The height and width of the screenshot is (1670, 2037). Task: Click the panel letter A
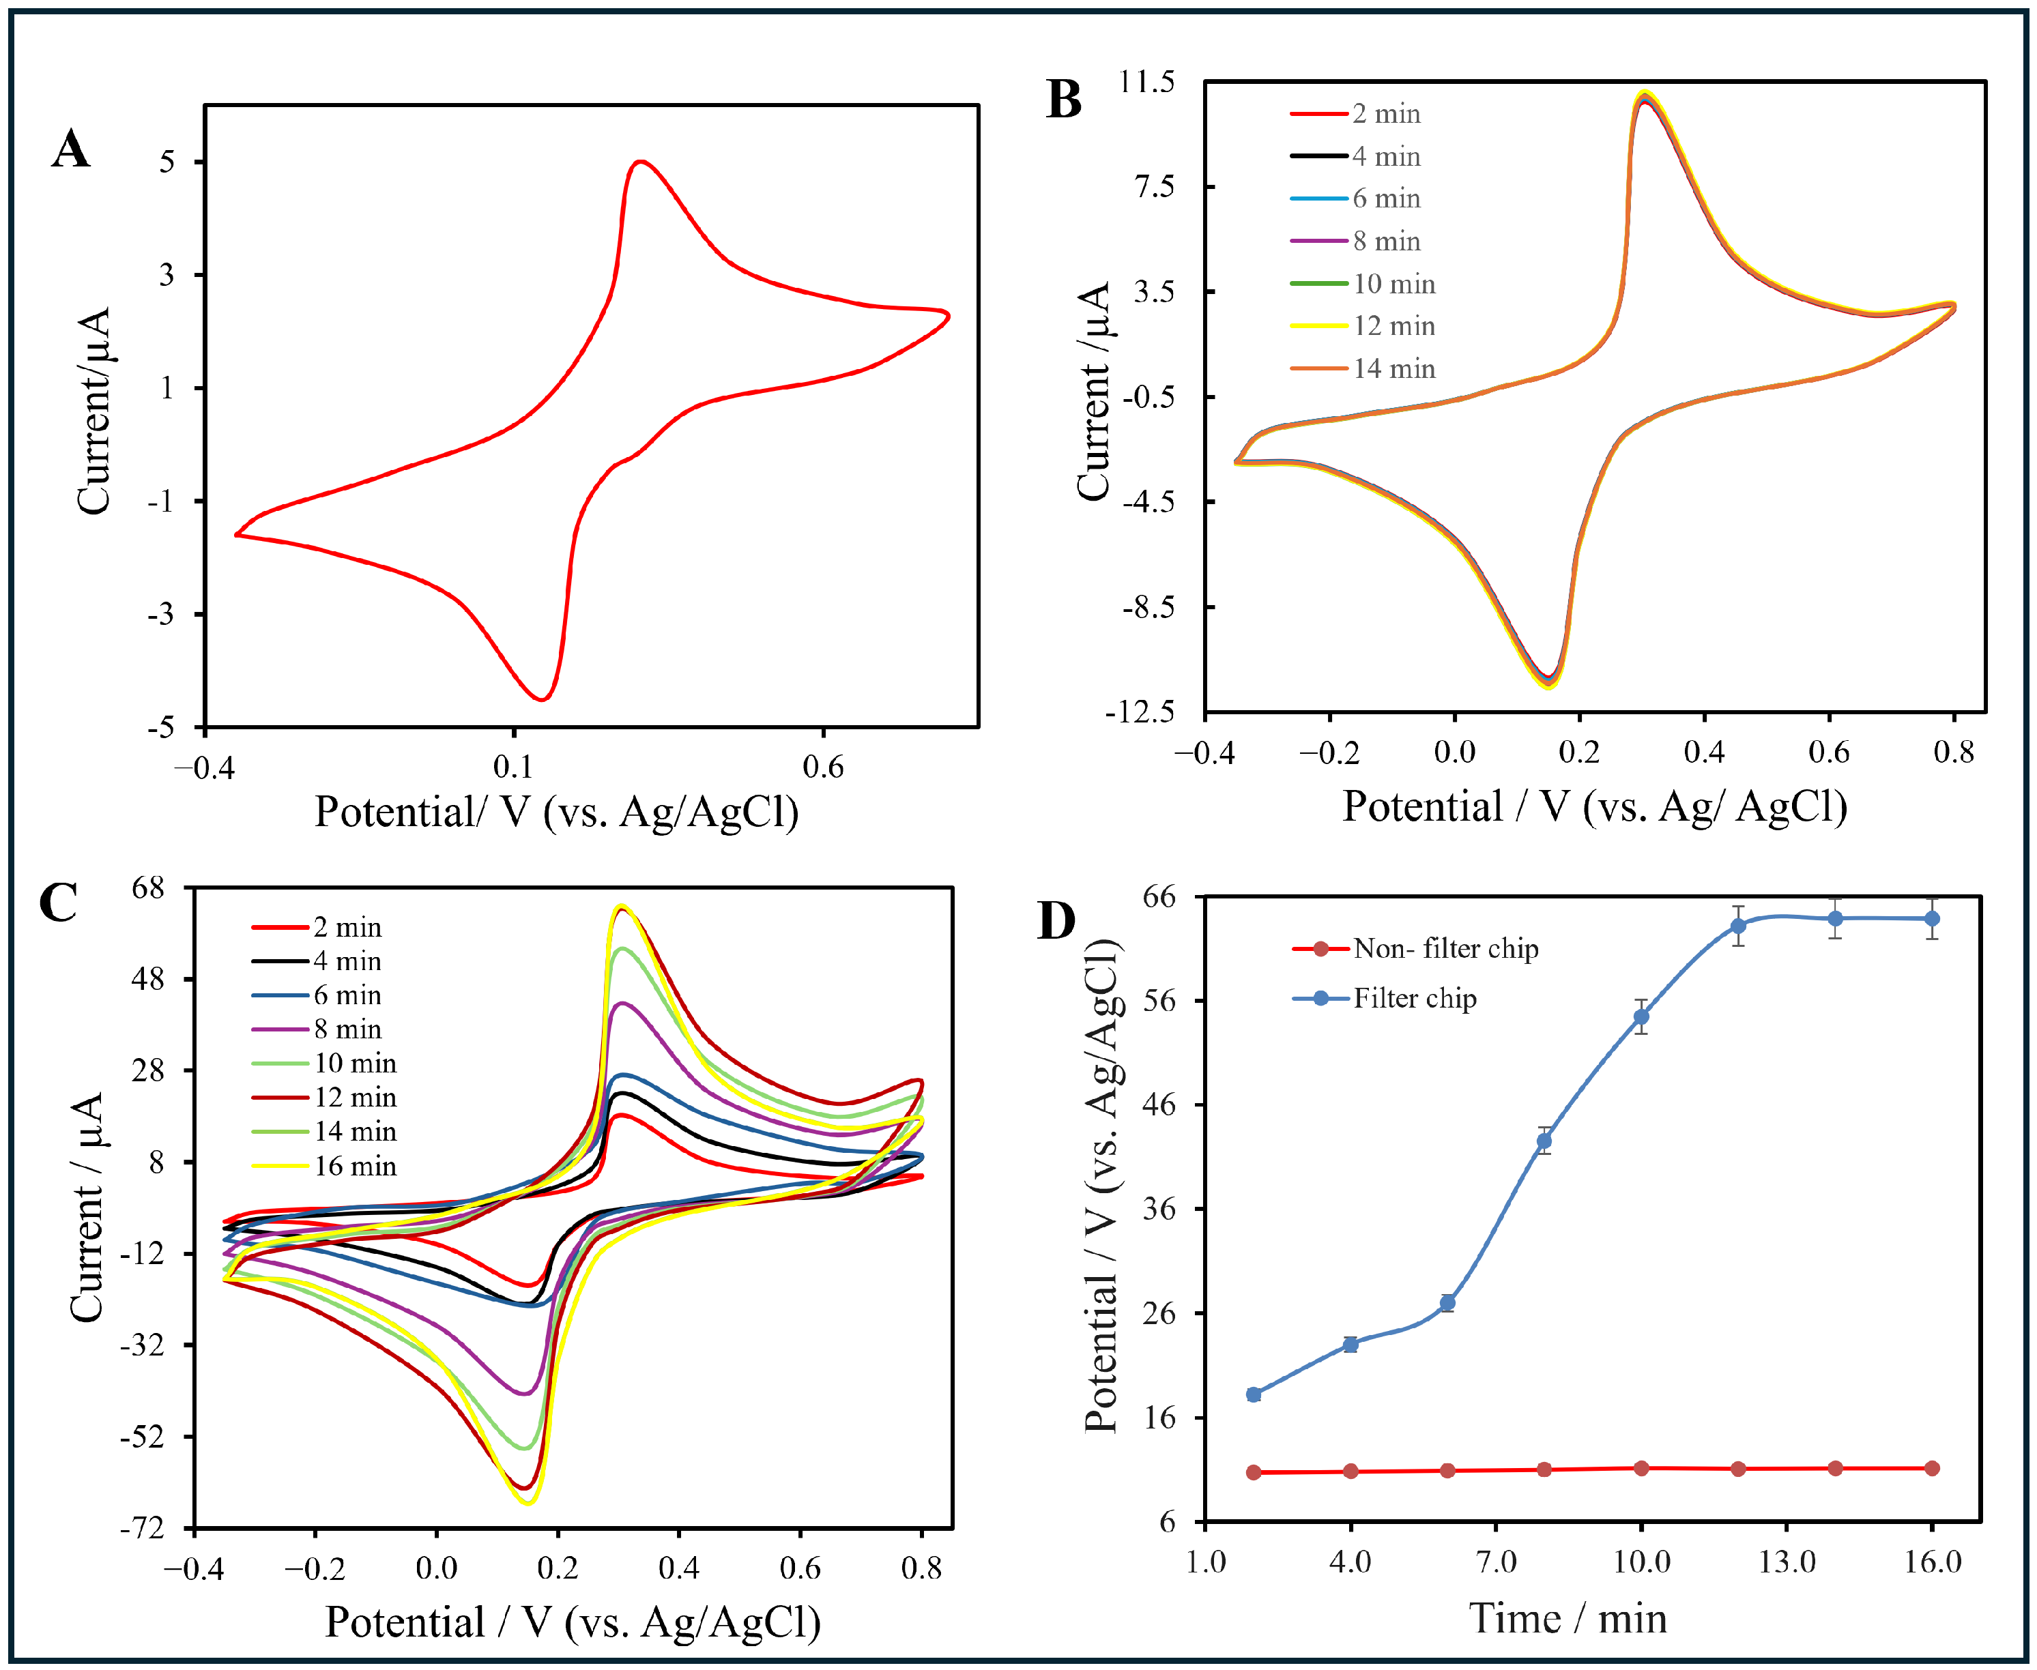point(70,150)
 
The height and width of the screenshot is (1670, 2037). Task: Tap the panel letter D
point(1056,921)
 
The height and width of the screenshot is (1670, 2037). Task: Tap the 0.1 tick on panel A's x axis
point(513,767)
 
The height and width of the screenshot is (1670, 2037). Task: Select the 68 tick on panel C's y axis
point(148,888)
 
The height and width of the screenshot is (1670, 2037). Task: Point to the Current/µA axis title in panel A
point(94,412)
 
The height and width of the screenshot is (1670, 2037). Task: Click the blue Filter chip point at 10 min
point(1641,1017)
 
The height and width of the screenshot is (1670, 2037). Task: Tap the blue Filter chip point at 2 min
point(1254,1394)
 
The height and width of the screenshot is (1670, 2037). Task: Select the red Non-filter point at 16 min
point(1931,1468)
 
